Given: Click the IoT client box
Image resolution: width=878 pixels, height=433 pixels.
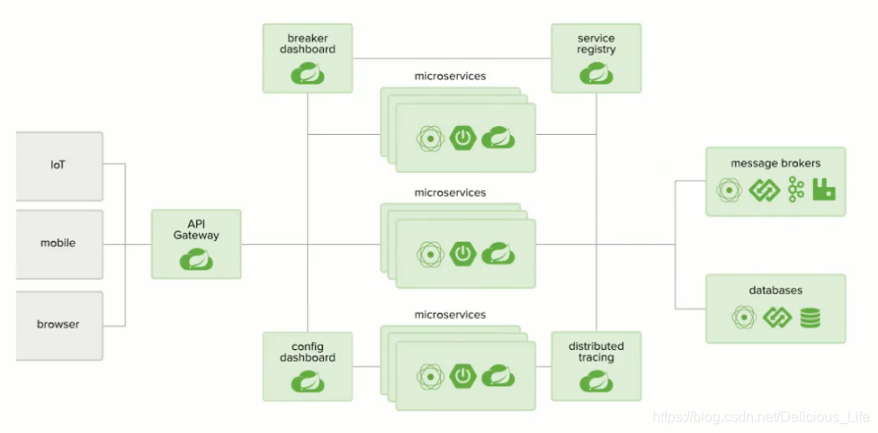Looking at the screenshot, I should click(x=59, y=166).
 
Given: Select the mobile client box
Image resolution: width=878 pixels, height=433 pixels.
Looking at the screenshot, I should click(x=59, y=243).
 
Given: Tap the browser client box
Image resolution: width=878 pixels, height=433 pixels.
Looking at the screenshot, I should click(x=59, y=325).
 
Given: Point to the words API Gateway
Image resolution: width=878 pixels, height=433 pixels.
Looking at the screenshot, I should click(x=196, y=229).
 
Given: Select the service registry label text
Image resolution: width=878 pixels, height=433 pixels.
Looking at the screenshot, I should click(x=596, y=44).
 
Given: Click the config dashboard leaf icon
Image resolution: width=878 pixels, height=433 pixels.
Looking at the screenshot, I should click(x=307, y=382).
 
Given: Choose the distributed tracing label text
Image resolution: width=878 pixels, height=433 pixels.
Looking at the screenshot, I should click(x=596, y=352).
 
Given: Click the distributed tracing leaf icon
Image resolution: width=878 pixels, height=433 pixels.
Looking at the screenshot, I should click(x=596, y=382).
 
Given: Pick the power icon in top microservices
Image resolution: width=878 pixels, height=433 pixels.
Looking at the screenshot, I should click(x=463, y=138).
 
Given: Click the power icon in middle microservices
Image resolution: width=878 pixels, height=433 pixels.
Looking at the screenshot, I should click(x=463, y=254).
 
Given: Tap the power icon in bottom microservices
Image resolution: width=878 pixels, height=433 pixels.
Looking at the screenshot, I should click(x=463, y=376).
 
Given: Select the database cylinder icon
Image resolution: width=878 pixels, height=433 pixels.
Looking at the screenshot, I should click(x=810, y=317).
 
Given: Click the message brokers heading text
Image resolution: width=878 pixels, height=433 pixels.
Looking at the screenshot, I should click(x=775, y=164).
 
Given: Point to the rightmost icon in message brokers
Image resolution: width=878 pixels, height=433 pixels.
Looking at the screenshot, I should click(x=824, y=190).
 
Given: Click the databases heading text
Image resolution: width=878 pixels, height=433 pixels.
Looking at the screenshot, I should click(x=775, y=290).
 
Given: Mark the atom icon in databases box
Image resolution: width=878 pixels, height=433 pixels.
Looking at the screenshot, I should click(x=744, y=317).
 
